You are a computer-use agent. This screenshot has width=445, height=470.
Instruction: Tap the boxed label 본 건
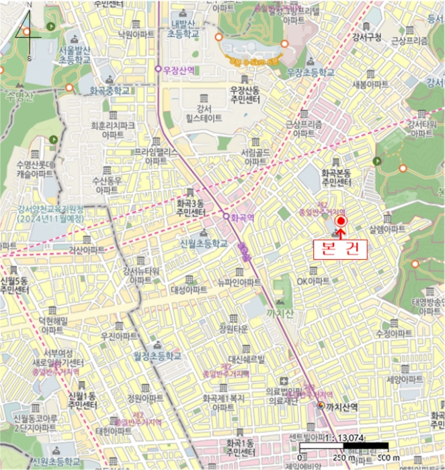[x=340, y=248]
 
